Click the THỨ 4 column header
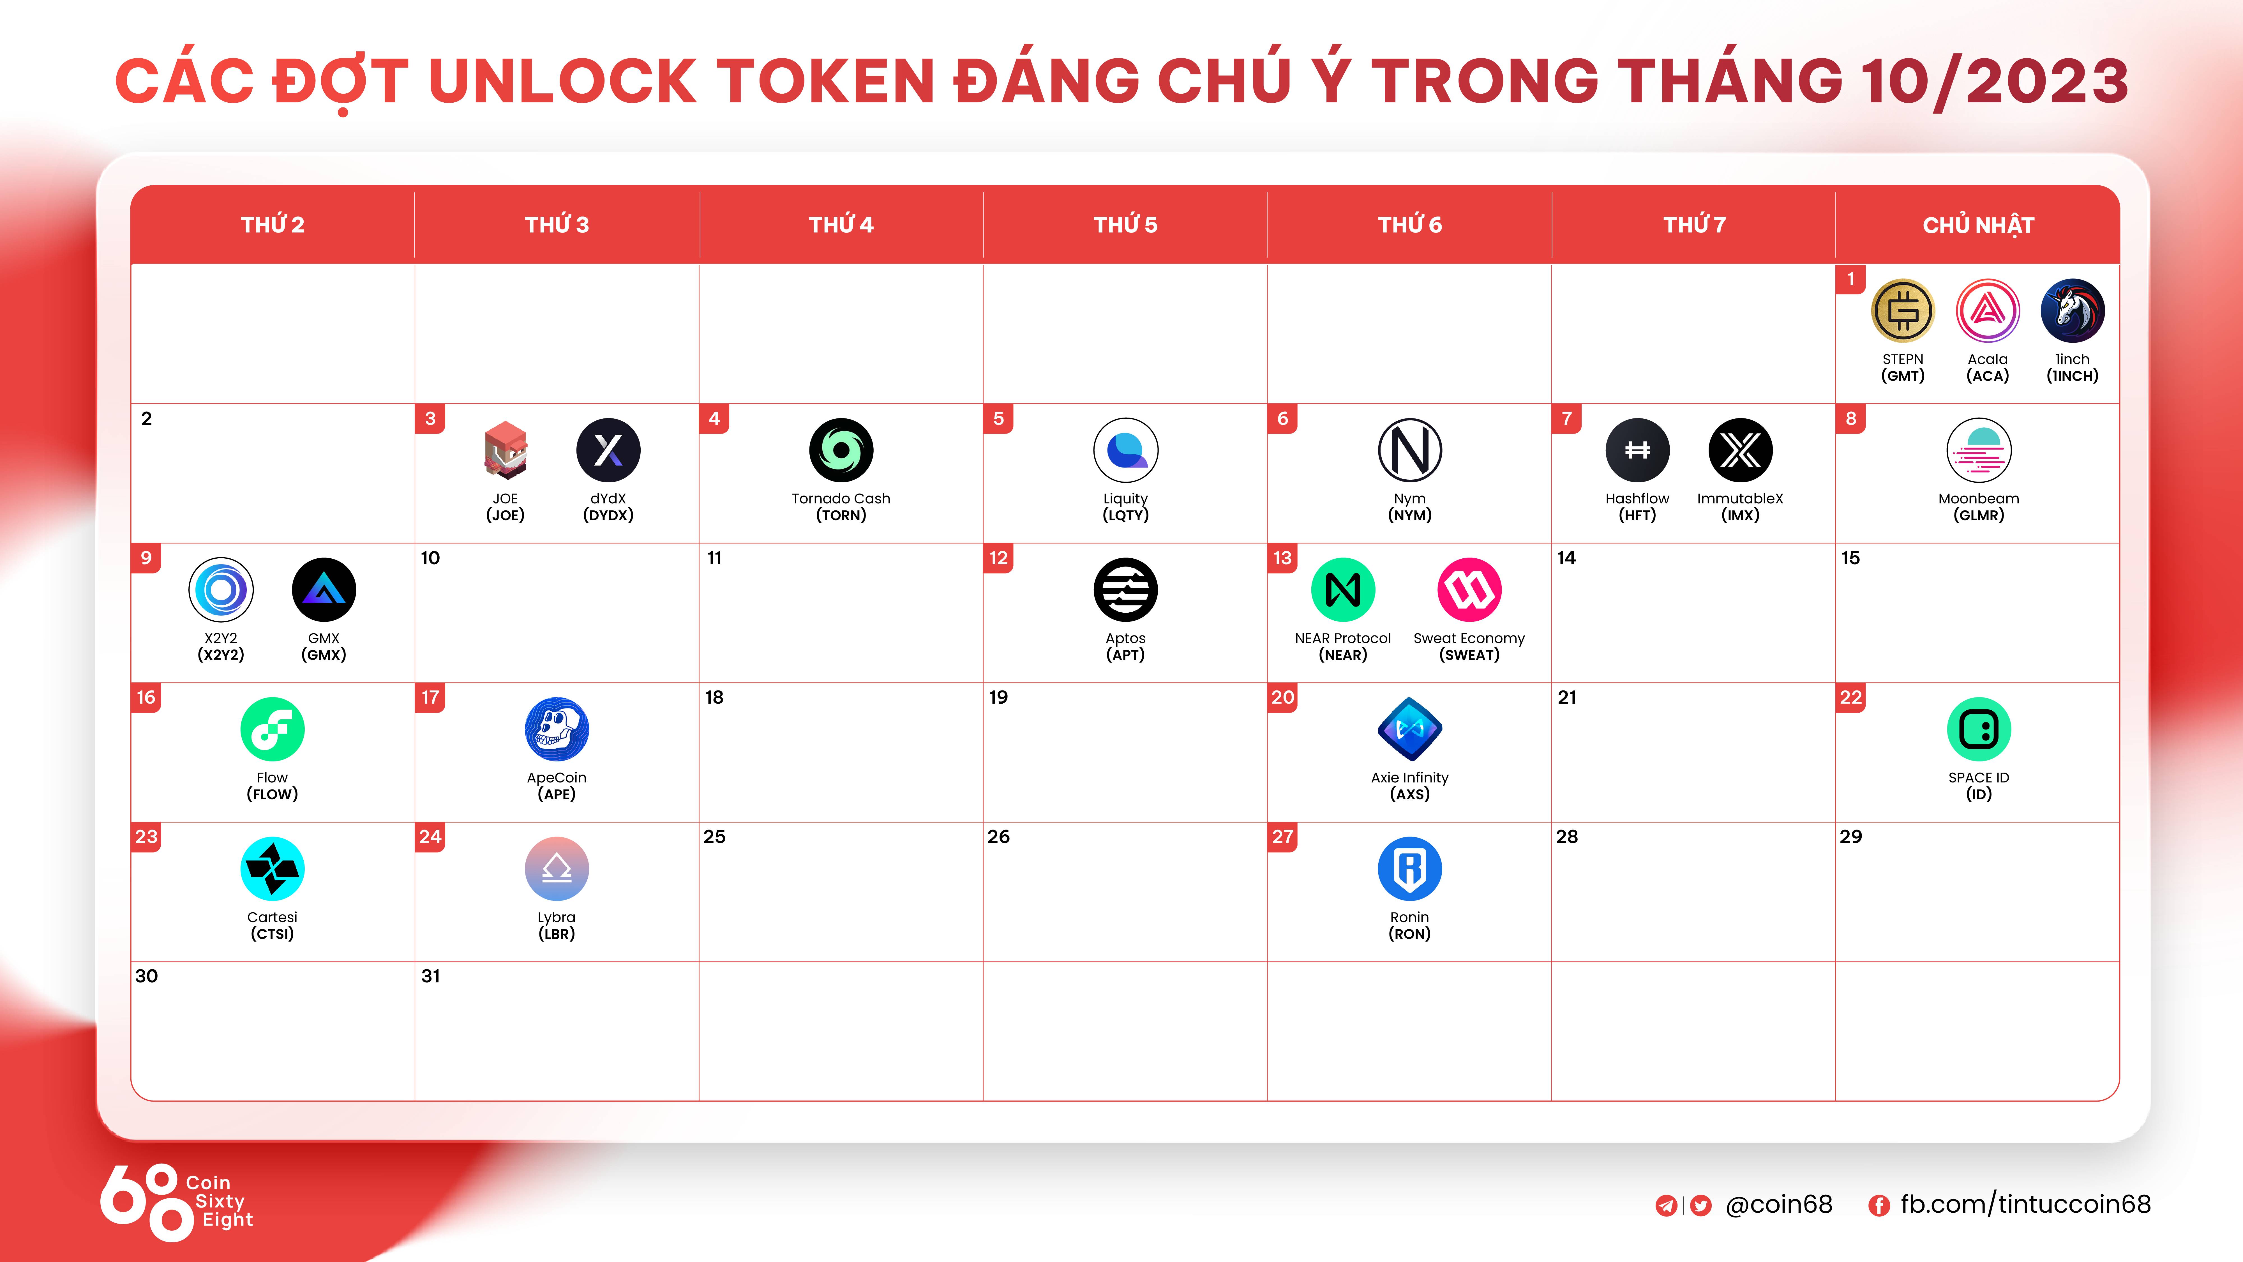(841, 225)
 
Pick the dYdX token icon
(609, 450)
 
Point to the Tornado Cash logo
(841, 450)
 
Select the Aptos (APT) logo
(1126, 589)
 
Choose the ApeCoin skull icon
(557, 729)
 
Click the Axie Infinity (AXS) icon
(1410, 729)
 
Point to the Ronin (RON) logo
(1410, 868)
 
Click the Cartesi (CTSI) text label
(273, 925)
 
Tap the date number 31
(430, 976)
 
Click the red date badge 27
(1283, 837)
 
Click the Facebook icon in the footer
(1879, 1205)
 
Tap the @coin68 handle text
(1779, 1205)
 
